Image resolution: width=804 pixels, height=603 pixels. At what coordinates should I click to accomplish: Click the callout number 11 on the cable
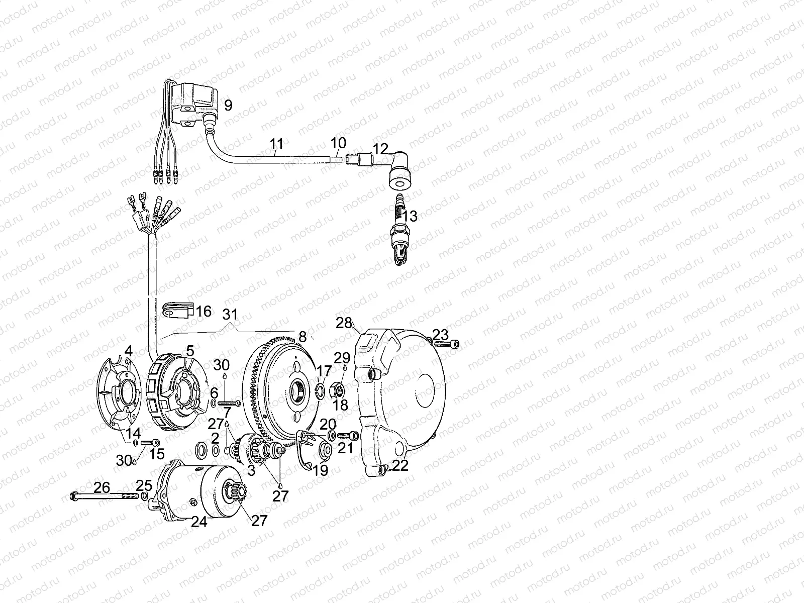click(x=276, y=145)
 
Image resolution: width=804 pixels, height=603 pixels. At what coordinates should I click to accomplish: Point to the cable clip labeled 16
click(x=176, y=312)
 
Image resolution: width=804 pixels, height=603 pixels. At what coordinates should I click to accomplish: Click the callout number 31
click(x=230, y=315)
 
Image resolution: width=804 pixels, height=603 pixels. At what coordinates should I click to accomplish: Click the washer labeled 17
click(x=318, y=390)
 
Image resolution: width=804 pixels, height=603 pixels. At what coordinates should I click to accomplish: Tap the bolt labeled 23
click(x=447, y=344)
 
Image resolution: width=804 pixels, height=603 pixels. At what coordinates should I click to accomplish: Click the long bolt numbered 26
click(x=103, y=496)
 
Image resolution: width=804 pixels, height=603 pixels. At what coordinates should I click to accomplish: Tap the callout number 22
click(x=400, y=465)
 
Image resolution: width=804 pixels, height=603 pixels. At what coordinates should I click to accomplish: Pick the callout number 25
click(x=144, y=486)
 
